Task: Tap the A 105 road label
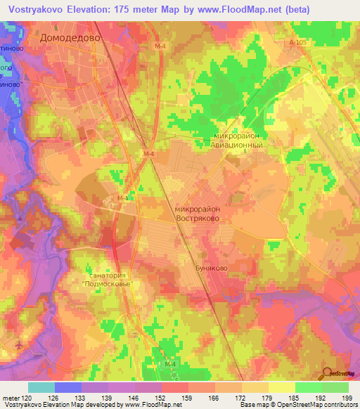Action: [299, 43]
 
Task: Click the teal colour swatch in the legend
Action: [41, 387]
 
